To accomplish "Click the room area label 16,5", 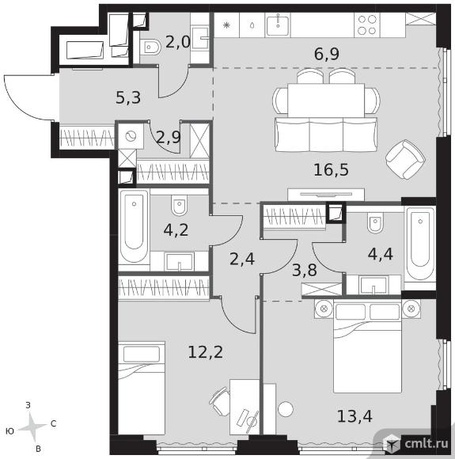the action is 331,170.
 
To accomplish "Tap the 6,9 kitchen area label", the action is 327,54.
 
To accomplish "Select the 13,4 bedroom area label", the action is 355,416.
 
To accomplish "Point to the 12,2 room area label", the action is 205,352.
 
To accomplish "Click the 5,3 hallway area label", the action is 128,98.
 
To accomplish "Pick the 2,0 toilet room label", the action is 178,43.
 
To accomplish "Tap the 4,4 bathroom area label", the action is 380,254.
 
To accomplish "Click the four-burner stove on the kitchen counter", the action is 367,25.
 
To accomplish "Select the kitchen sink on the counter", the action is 278,25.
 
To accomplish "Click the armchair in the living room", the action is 405,160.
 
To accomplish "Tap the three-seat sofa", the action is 326,135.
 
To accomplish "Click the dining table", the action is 326,100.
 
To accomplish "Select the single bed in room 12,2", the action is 142,388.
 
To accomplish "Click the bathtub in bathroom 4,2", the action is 134,226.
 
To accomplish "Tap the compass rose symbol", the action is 32,427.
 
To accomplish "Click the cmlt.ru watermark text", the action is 427,443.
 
